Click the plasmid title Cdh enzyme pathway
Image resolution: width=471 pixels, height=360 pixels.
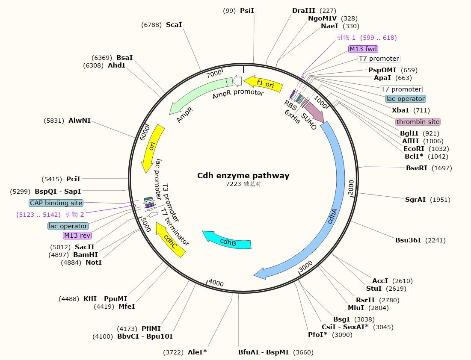pos(243,176)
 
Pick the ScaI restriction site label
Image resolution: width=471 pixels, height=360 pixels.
pos(174,25)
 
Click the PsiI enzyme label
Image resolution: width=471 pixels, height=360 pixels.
pos(247,11)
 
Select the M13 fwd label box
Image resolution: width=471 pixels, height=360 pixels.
pos(363,49)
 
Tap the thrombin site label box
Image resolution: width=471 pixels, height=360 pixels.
pos(418,122)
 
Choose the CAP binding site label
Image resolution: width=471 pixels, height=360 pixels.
pos(56,203)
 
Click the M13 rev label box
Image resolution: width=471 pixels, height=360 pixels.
pos(77,236)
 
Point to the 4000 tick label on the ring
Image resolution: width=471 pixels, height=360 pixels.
pos(216,283)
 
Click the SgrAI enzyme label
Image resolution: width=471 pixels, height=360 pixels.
pos(415,200)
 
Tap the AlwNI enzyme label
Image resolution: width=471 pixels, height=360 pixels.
pos(80,121)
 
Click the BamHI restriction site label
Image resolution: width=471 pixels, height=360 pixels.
pos(86,255)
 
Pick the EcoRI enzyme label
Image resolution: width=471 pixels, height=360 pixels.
pos(414,149)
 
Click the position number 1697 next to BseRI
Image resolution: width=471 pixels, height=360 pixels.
pos(441,168)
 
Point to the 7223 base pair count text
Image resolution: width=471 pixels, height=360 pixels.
pos(234,184)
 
